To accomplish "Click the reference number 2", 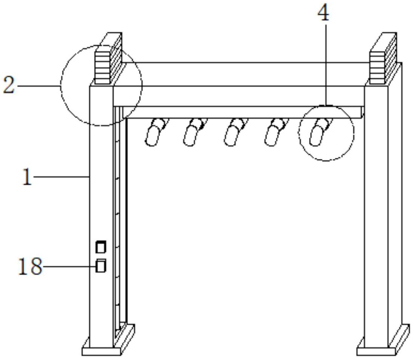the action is pos(9,86).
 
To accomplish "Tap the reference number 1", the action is pos(27,176).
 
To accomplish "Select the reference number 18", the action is pos(30,267).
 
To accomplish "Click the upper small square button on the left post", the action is pos(100,247).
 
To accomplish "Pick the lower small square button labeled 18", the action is pos(100,266).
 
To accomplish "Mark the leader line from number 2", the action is pos(38,86).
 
